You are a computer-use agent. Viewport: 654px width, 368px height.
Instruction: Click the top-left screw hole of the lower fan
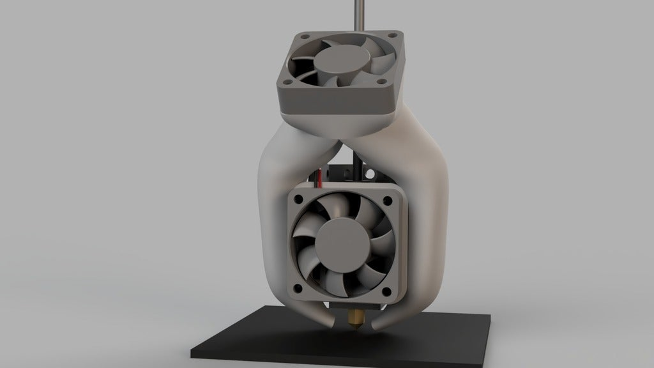tap(298, 201)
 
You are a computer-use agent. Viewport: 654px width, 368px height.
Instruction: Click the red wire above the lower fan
tap(318, 181)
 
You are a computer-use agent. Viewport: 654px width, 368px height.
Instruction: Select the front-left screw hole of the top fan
tap(285, 80)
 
